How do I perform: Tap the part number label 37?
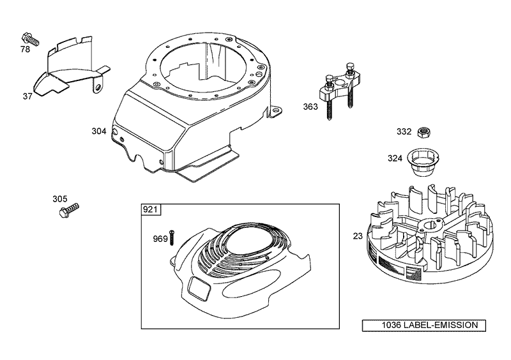[x=27, y=96]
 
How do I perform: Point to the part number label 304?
[x=98, y=131]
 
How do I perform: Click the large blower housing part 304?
[x=192, y=109]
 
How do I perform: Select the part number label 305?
[x=59, y=199]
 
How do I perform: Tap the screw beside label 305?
[x=68, y=209]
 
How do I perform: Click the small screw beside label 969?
[x=172, y=237]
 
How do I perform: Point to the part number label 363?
[x=310, y=107]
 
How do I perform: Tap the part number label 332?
[x=404, y=131]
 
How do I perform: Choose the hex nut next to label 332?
[x=422, y=132]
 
